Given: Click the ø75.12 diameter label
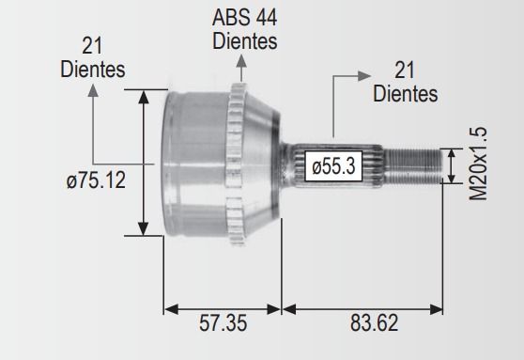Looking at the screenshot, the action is pos(96,180).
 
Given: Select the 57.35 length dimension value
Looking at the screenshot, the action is pos(223,323).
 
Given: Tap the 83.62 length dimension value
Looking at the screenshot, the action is pos(375,323).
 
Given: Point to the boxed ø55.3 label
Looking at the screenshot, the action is pos(333,166).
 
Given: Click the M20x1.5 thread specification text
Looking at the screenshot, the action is pos(478,164).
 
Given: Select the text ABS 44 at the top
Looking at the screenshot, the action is pos(244,18).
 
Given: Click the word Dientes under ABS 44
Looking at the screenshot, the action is pos(245,41).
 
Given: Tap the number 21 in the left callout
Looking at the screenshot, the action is pos(92,46).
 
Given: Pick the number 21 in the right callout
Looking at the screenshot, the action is pos(405,70).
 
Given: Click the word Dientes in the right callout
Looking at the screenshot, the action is pos(406,93).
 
